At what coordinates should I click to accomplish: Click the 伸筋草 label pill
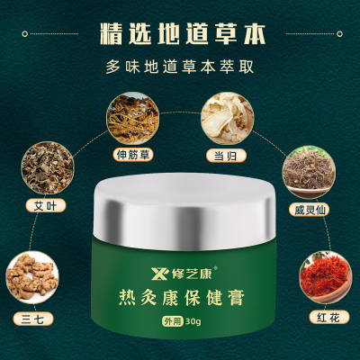133,155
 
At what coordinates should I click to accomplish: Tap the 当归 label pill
226,156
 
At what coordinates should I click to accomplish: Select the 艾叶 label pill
45,205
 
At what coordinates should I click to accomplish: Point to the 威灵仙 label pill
310,210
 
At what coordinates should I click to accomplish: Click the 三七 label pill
33,319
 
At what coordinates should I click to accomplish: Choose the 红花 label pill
329,318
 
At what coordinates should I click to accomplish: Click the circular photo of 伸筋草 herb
132,118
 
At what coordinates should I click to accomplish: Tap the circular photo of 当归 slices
227,118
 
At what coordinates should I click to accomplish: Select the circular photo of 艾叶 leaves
47,168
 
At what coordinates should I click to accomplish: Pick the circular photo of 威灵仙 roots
310,172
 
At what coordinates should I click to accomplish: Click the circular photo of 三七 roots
32,277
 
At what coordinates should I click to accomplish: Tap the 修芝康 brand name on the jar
193,274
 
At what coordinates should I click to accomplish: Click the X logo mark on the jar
160,274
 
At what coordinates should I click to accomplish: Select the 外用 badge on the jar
173,321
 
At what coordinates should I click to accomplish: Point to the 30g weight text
193,321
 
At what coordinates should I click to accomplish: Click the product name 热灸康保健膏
182,297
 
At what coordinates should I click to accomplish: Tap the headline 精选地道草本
183,34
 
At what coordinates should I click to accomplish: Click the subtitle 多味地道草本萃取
180,67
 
